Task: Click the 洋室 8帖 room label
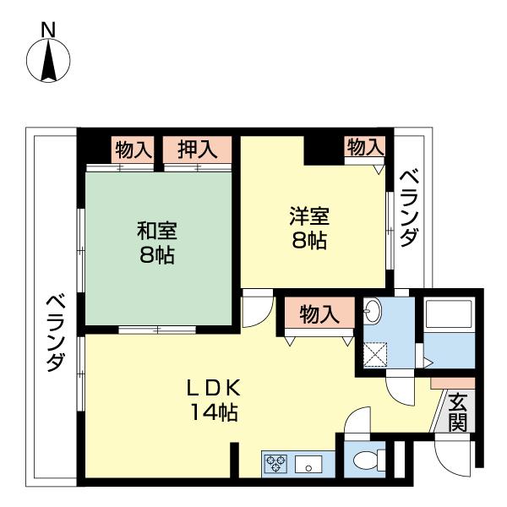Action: click(308, 228)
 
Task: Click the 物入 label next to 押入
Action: click(133, 150)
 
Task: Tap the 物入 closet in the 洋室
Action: click(365, 147)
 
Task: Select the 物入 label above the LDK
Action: click(319, 314)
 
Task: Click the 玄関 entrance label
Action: click(457, 412)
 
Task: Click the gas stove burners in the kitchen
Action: click(276, 462)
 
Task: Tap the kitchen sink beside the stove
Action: click(308, 463)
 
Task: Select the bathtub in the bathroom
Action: click(450, 318)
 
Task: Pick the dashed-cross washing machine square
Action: click(375, 354)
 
